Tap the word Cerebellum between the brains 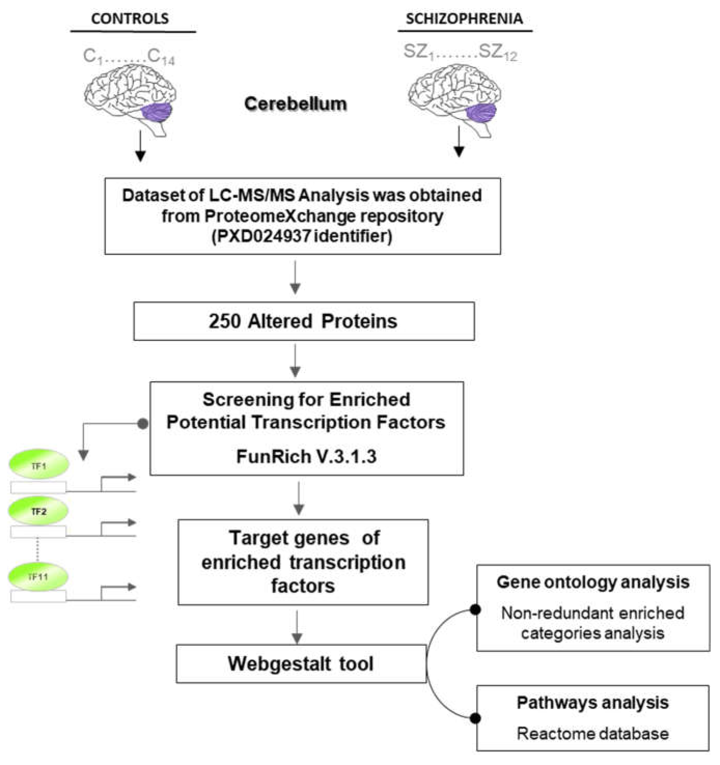coord(295,104)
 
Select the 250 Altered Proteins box coord(304,321)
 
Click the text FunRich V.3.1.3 coord(306,457)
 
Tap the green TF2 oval coord(38,511)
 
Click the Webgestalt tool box coord(301,664)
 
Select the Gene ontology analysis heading coord(593,582)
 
